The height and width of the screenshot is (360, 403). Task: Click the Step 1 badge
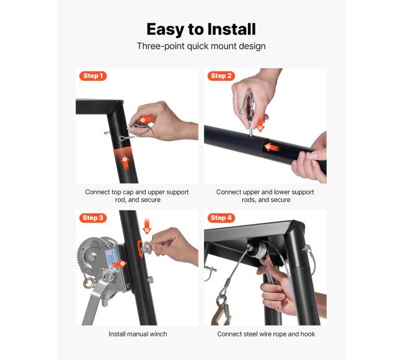point(93,76)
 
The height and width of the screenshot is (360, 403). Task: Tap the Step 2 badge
point(221,76)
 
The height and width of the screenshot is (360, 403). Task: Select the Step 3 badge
point(93,217)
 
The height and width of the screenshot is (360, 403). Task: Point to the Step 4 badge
point(221,217)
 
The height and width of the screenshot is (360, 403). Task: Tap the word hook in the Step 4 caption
point(308,334)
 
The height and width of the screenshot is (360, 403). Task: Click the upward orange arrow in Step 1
point(125,164)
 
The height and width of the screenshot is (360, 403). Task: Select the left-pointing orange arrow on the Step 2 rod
point(271,147)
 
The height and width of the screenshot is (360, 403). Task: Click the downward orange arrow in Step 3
point(147,226)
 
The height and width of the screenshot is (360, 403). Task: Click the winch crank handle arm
point(94,301)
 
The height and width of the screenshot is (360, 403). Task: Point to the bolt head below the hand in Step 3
point(150,279)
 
